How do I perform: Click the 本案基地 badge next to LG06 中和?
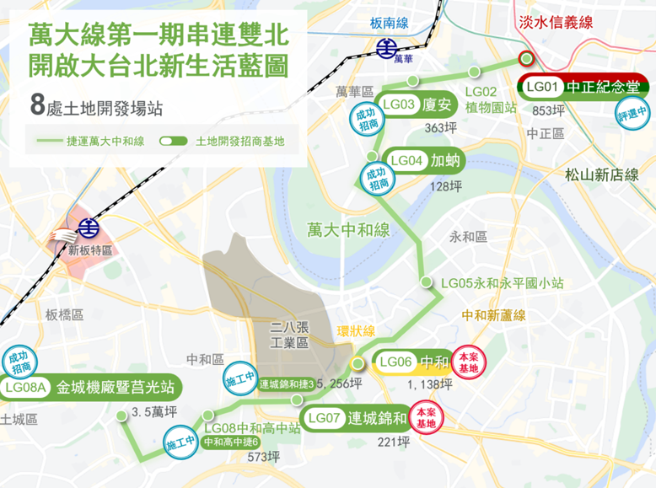(x=469, y=362)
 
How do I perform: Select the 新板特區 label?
(x=90, y=250)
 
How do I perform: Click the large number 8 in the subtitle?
(x=36, y=105)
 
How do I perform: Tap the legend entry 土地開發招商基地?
(x=239, y=141)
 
